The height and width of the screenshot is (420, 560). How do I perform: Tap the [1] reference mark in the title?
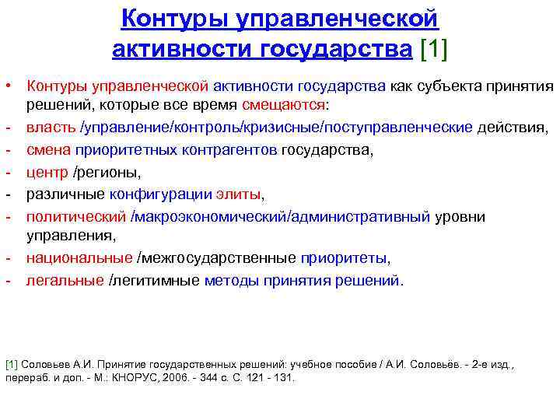click(434, 49)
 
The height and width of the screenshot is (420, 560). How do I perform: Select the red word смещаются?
click(283, 104)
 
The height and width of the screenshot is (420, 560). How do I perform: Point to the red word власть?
click(51, 126)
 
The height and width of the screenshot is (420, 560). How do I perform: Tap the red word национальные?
click(79, 258)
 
